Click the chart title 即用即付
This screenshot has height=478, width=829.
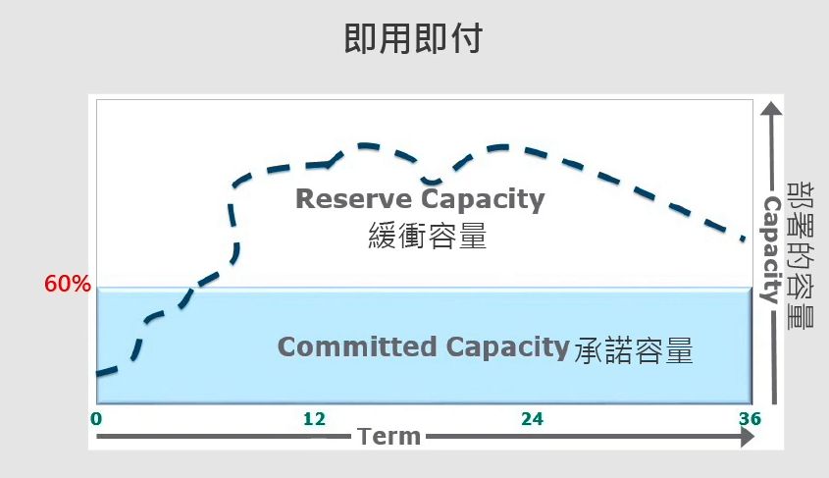(x=413, y=38)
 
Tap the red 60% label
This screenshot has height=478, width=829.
(x=68, y=284)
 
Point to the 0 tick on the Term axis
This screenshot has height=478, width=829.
(x=96, y=419)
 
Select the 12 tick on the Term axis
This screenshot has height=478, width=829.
(x=314, y=419)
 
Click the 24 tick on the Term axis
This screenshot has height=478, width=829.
(x=532, y=419)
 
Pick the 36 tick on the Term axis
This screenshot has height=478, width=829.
(x=750, y=419)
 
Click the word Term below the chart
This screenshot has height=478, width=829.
(x=389, y=437)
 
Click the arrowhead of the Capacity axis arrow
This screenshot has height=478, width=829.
(x=771, y=107)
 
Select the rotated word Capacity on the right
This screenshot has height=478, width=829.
(x=771, y=249)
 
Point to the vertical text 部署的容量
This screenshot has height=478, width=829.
(x=801, y=255)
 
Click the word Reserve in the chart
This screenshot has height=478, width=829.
(x=353, y=199)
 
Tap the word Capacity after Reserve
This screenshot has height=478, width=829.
(x=483, y=200)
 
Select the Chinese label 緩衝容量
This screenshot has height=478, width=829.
(x=427, y=236)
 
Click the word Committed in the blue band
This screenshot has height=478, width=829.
(x=357, y=346)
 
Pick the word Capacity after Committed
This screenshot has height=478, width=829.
(x=507, y=347)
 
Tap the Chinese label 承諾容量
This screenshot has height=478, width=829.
(x=634, y=350)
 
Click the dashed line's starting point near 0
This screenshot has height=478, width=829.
(x=98, y=374)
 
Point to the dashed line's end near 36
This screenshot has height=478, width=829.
(x=744, y=239)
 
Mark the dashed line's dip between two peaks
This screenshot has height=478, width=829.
(x=431, y=182)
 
